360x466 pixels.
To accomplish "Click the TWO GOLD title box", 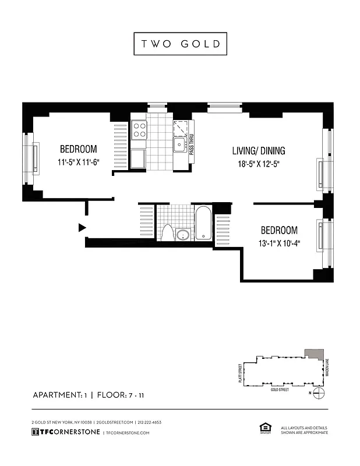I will (180, 44).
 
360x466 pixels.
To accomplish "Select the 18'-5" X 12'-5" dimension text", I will (259, 164).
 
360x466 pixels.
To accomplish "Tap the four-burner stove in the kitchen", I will (139, 129).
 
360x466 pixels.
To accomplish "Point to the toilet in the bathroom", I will (168, 232).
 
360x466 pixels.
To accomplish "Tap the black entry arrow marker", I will (82, 227).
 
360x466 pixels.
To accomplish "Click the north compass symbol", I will (318, 393).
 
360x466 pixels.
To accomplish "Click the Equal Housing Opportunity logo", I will (262, 428).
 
